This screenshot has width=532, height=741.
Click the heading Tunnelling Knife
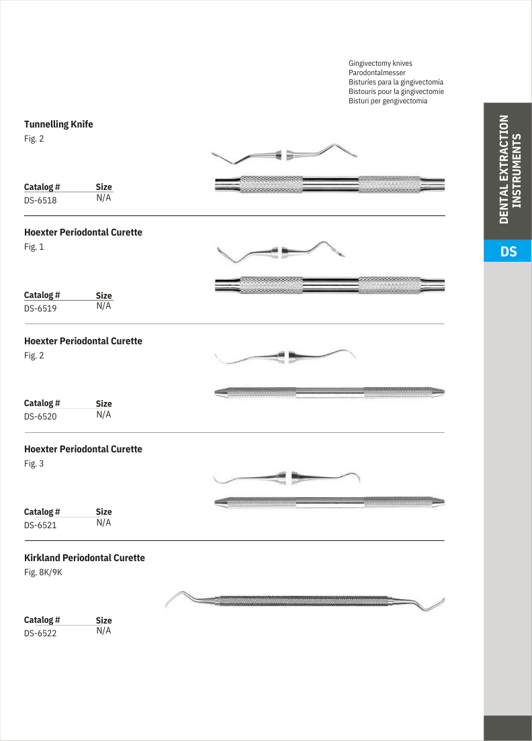pyautogui.click(x=58, y=124)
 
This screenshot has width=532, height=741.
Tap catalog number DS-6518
pyautogui.click(x=40, y=200)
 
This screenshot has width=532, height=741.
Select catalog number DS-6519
pyautogui.click(x=40, y=309)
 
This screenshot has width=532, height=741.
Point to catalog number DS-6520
pyautogui.click(x=40, y=417)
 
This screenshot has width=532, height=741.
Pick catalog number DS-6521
pyautogui.click(x=40, y=526)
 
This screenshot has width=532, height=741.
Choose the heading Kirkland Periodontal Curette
pyautogui.click(x=85, y=558)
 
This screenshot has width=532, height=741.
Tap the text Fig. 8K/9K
pyautogui.click(x=43, y=573)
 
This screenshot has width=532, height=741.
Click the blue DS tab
pyautogui.click(x=508, y=252)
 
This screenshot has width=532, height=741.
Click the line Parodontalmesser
pyautogui.click(x=377, y=72)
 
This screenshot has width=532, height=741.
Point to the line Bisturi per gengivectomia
pyautogui.click(x=388, y=101)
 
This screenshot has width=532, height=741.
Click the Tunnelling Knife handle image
pyautogui.click(x=329, y=184)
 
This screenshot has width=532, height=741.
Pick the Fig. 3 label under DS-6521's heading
pyautogui.click(x=34, y=464)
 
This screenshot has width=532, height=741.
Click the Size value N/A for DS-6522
pyautogui.click(x=103, y=631)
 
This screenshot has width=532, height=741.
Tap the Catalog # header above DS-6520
pyautogui.click(x=42, y=403)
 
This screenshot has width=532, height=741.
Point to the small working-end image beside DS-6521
pyautogui.click(x=287, y=477)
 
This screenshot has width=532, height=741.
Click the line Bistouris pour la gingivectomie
pyautogui.click(x=396, y=91)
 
